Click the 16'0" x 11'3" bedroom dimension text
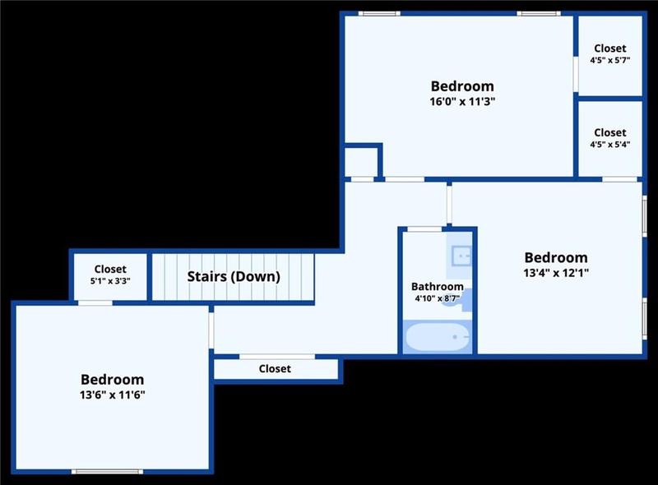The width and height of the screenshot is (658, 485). tap(462, 101)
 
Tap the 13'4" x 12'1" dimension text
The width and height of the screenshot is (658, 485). tap(556, 273)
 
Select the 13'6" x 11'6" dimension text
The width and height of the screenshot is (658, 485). tap(112, 395)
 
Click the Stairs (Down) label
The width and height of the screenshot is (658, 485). tap(234, 276)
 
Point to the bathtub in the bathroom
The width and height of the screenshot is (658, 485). tap(437, 338)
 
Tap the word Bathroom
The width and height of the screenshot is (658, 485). tap(438, 287)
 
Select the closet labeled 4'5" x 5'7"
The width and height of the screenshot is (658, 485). tap(609, 54)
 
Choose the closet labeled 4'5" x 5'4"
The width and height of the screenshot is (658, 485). tap(609, 138)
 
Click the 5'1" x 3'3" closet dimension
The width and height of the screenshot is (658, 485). tap(110, 280)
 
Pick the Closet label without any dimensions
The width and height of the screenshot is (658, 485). tap(275, 369)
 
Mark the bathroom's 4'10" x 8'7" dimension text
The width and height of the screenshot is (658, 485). tap(438, 298)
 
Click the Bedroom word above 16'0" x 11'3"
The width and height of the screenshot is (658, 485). tap(462, 86)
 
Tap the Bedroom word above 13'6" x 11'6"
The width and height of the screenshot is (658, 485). tap(112, 380)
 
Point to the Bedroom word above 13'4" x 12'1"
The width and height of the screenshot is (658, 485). tap(556, 257)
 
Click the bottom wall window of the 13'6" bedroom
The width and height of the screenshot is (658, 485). tap(108, 471)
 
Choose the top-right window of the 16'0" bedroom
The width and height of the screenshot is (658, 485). tap(538, 13)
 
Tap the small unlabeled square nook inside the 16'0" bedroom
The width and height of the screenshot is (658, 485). tap(360, 161)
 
